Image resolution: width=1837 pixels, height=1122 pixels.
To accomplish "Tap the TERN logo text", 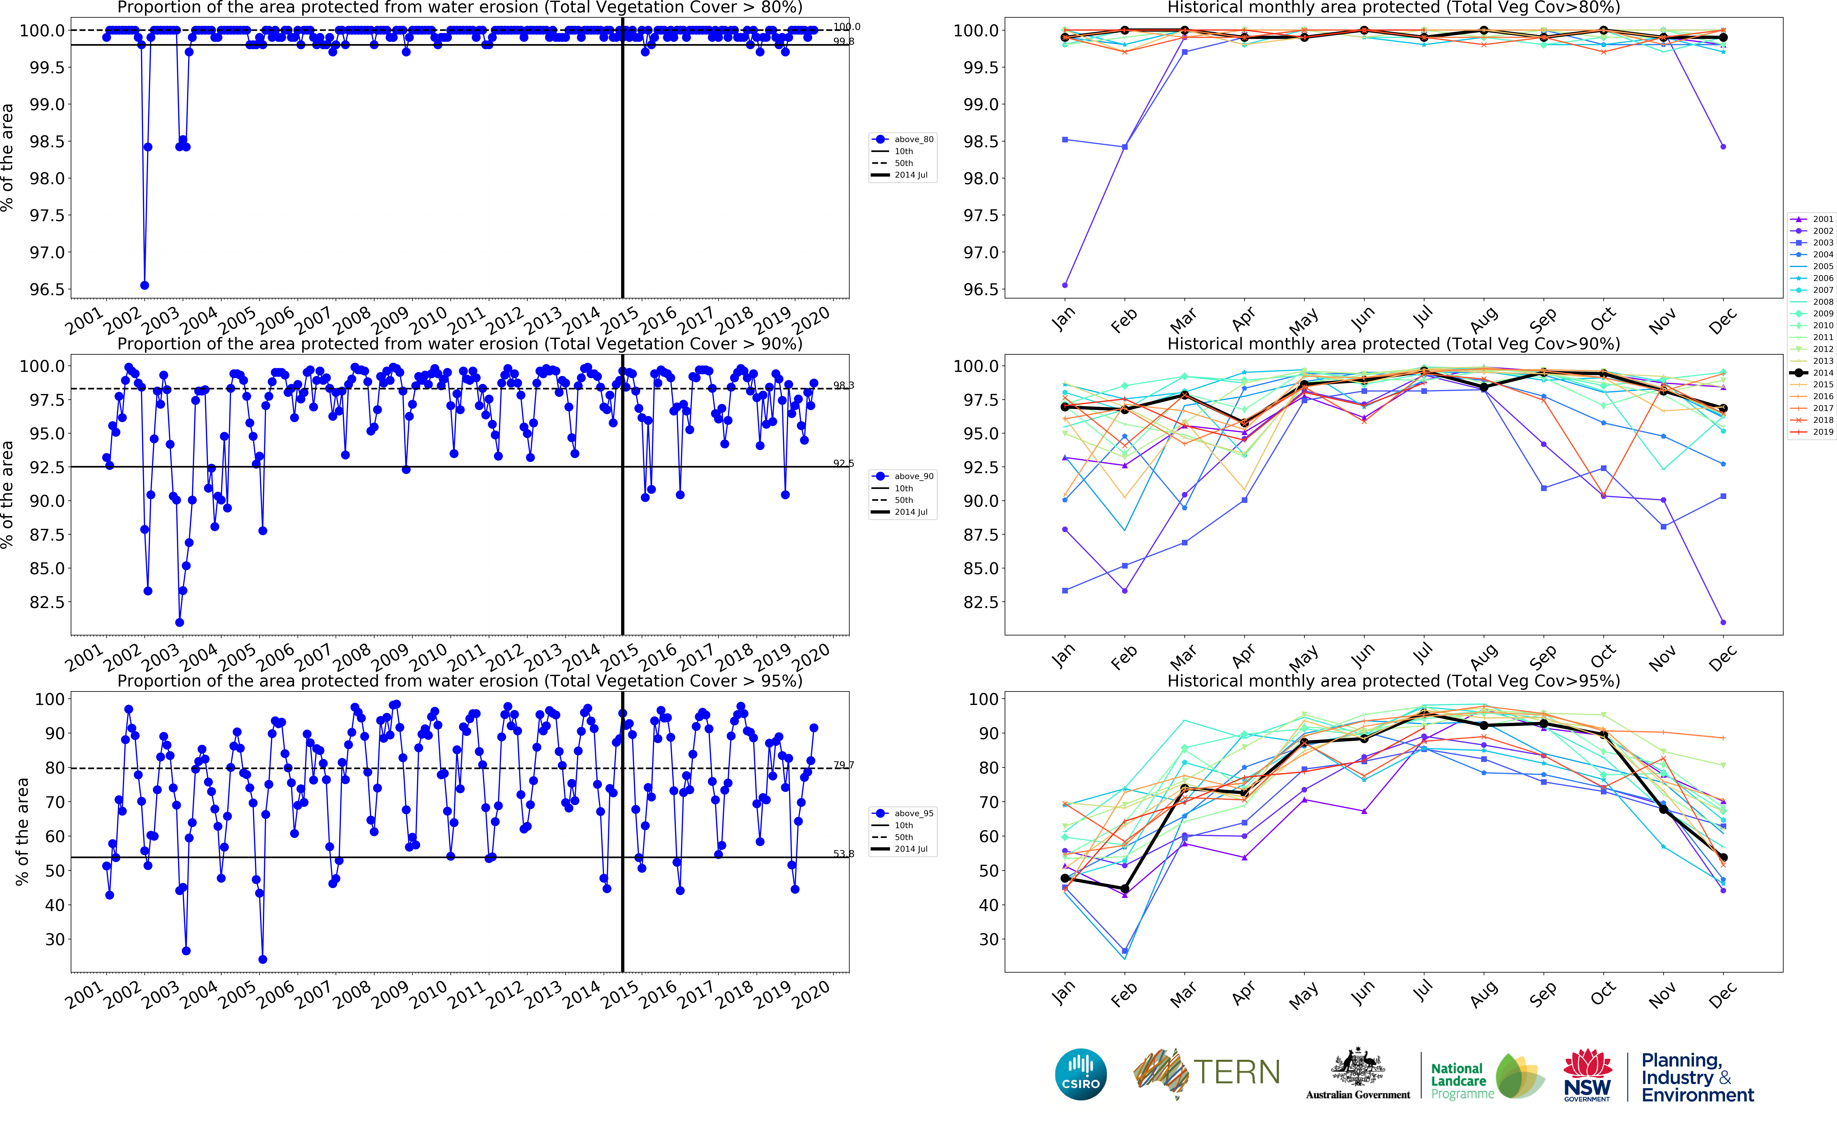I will pos(1237,1072).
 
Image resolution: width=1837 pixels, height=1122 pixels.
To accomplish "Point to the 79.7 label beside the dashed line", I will pos(843,765).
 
